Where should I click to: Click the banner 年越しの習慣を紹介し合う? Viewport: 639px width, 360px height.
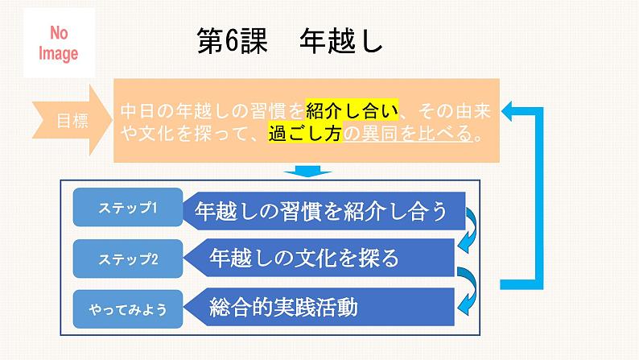click(326, 211)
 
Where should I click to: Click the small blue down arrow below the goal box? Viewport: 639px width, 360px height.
click(303, 171)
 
